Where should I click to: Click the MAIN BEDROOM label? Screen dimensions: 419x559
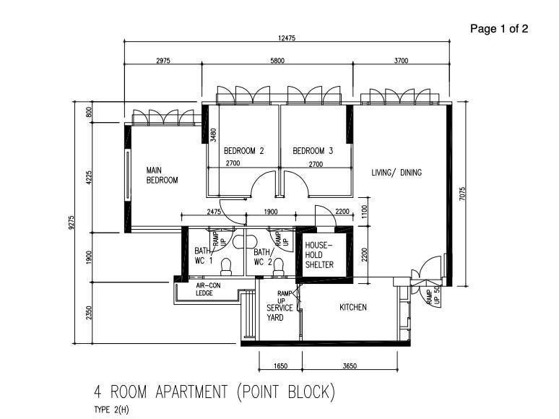click(162, 176)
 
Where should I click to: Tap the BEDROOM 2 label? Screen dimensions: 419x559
click(243, 151)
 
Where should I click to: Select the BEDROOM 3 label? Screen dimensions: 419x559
click(313, 151)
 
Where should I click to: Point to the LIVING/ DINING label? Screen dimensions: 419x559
click(396, 173)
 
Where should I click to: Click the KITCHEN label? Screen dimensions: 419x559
click(353, 307)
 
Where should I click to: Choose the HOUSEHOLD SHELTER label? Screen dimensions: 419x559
click(319, 255)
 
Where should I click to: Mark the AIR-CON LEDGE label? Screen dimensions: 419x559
click(210, 289)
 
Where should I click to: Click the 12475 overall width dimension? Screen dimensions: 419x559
click(287, 38)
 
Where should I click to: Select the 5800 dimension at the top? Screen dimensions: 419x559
click(277, 61)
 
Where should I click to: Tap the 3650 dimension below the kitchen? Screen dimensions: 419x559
click(349, 366)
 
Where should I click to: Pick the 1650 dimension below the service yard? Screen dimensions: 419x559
click(280, 366)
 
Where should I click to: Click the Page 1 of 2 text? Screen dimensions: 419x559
click(499, 29)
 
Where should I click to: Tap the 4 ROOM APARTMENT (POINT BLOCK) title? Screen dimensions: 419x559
click(214, 392)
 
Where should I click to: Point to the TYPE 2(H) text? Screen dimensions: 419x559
click(111, 410)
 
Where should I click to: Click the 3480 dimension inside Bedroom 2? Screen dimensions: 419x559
click(213, 134)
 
